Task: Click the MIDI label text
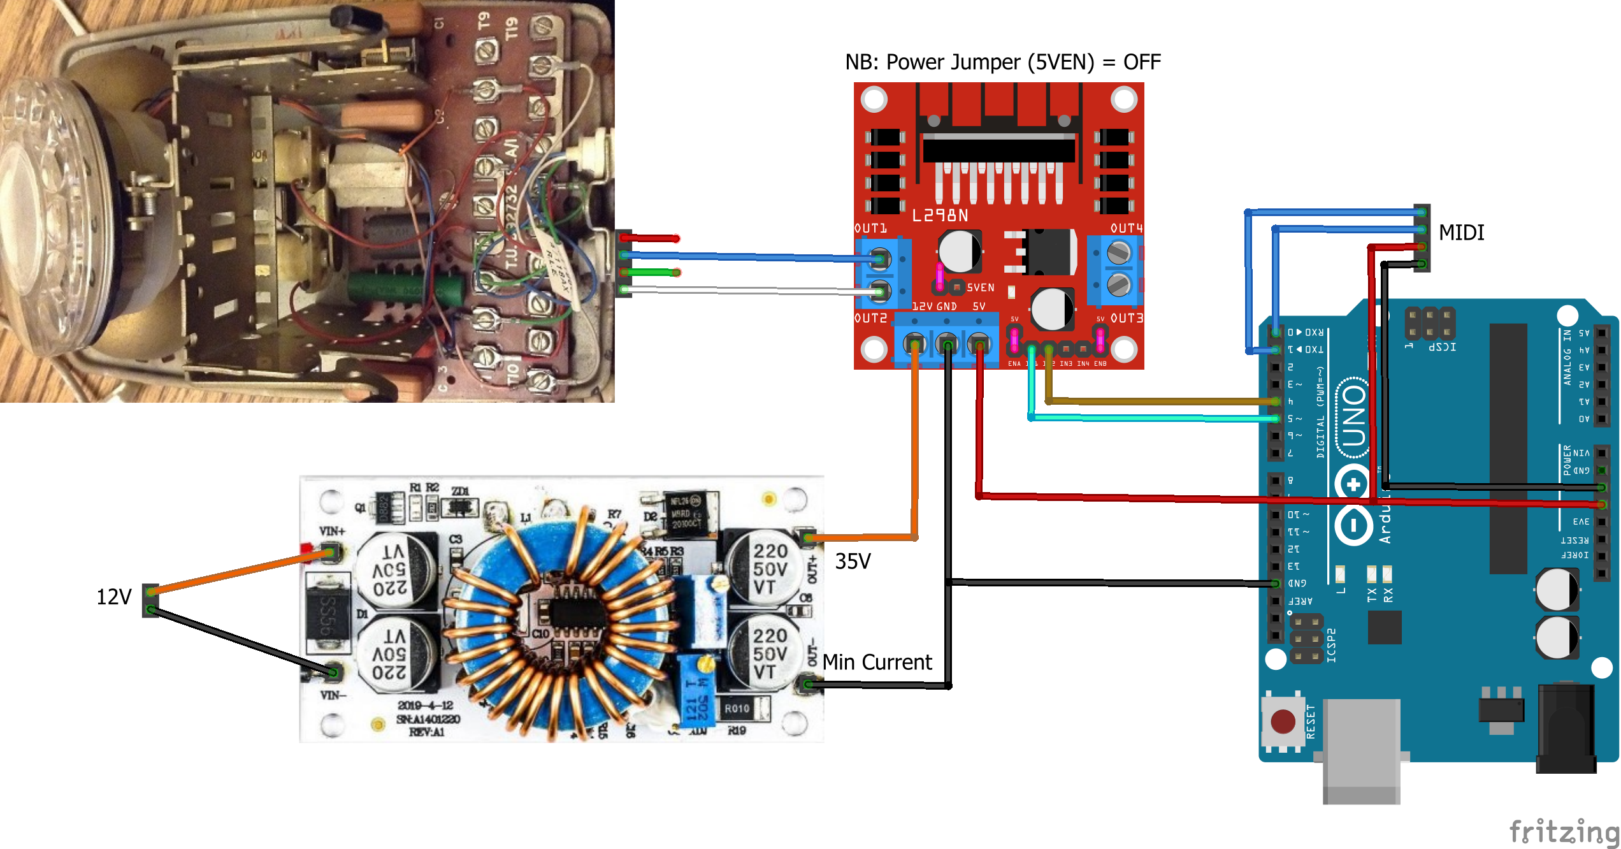coord(1461,233)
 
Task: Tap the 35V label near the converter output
coord(853,562)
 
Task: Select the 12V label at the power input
coord(113,597)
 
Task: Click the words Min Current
coord(877,662)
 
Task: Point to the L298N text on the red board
coord(940,216)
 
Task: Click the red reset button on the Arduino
coord(1282,722)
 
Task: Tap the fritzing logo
coord(1564,832)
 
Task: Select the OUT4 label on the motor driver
coord(1126,228)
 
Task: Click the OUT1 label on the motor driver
coord(870,228)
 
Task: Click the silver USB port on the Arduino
coord(1362,749)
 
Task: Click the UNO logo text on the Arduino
coord(1353,417)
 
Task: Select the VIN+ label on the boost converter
coord(332,531)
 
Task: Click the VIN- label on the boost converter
coord(333,695)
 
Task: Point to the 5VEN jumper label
coord(980,288)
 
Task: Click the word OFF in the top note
coord(1141,62)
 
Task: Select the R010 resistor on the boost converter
coord(737,709)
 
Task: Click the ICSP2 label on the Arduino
coord(1332,645)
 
